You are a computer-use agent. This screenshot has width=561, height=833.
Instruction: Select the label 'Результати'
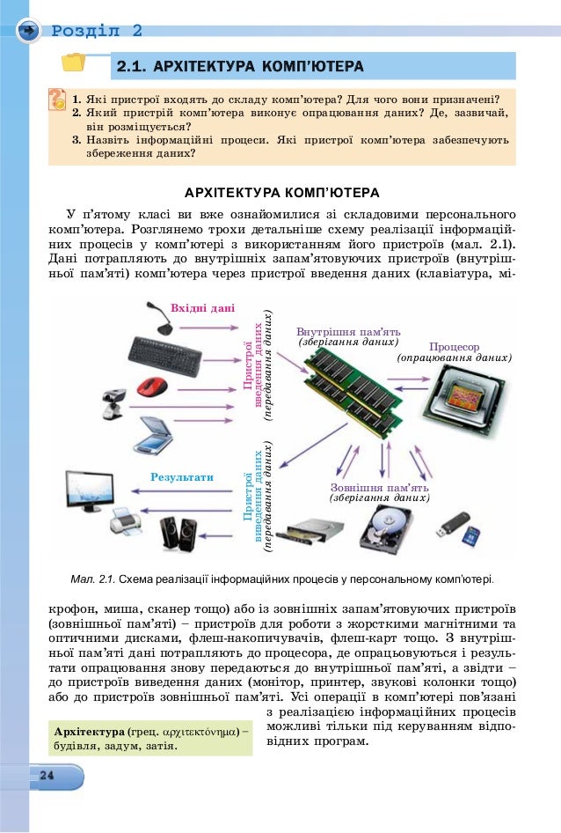point(182,477)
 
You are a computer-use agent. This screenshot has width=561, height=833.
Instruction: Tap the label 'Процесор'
point(454,347)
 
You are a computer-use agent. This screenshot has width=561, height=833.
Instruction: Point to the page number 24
point(47,774)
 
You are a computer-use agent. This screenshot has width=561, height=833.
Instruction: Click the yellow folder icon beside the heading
point(73,62)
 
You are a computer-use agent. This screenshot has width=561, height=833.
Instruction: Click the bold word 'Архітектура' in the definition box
point(90,732)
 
